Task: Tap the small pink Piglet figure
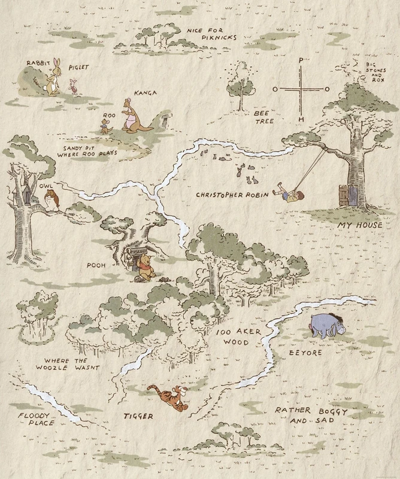pyautogui.click(x=75, y=89)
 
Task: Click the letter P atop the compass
pyautogui.click(x=301, y=60)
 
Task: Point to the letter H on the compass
pyautogui.click(x=301, y=119)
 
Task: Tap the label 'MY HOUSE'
pyautogui.click(x=360, y=225)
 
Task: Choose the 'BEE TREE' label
pyautogui.click(x=263, y=116)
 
